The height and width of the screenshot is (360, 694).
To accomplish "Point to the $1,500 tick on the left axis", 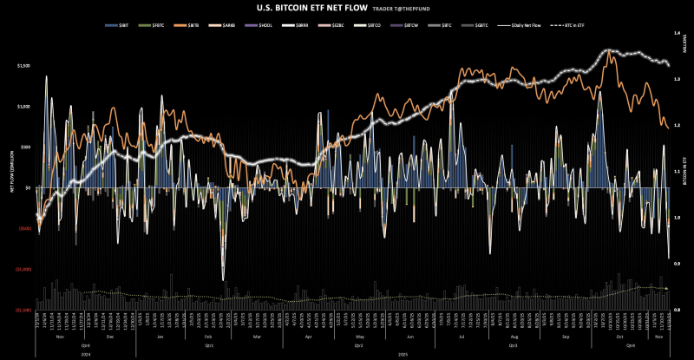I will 23,65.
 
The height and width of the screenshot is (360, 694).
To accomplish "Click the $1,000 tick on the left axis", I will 23,106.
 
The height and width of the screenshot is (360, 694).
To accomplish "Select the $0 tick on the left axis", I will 28,187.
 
